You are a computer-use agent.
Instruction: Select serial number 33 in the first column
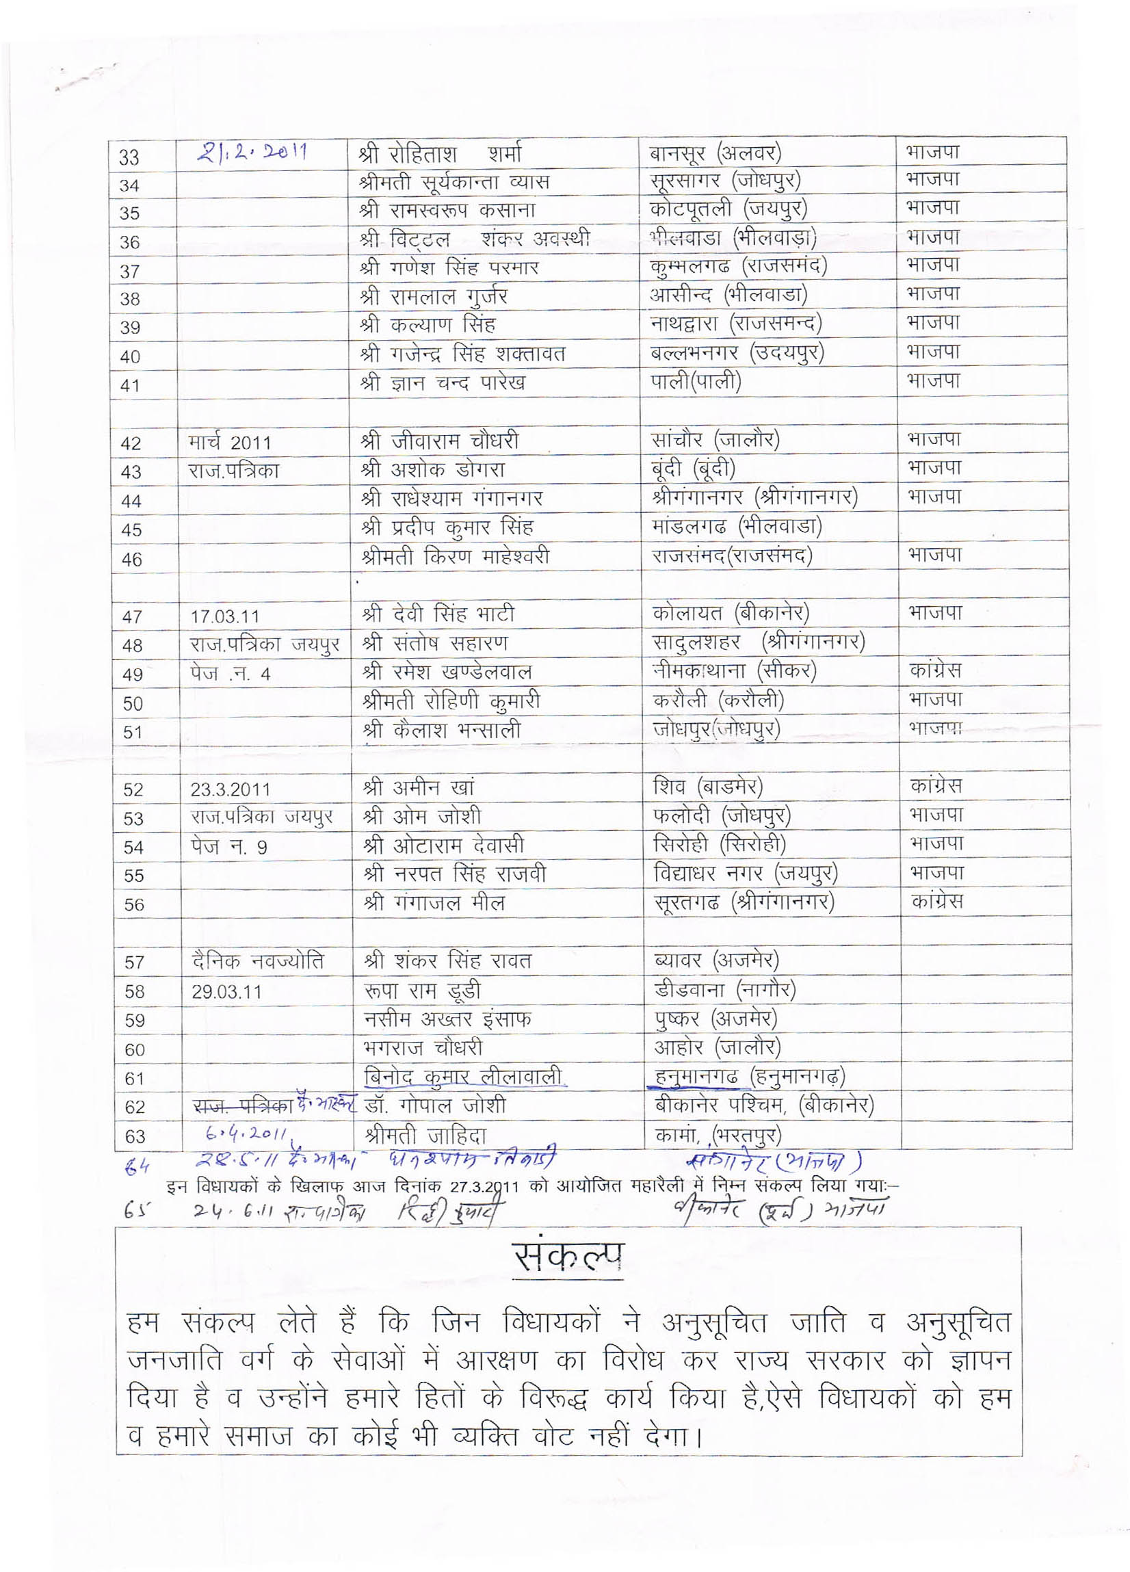point(130,157)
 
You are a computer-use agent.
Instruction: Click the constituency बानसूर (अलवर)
point(715,152)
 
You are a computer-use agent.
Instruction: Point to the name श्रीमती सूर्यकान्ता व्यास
point(454,182)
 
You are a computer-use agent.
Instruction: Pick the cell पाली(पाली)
point(696,381)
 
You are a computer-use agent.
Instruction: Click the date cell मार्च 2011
point(229,442)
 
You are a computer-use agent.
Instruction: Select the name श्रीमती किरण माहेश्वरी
point(455,557)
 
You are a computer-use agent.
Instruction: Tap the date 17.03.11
point(226,616)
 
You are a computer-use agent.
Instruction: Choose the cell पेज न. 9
point(229,846)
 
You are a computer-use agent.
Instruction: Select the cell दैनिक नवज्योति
point(257,961)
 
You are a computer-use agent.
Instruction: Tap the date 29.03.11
point(226,991)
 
